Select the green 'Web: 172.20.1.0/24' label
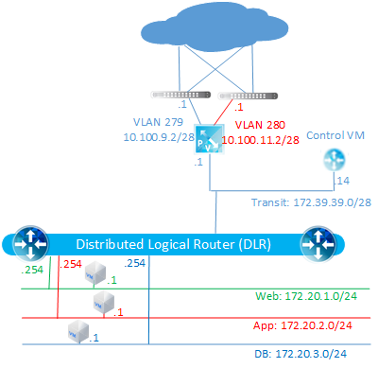click(x=308, y=297)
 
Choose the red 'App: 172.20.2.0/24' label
click(x=310, y=324)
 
